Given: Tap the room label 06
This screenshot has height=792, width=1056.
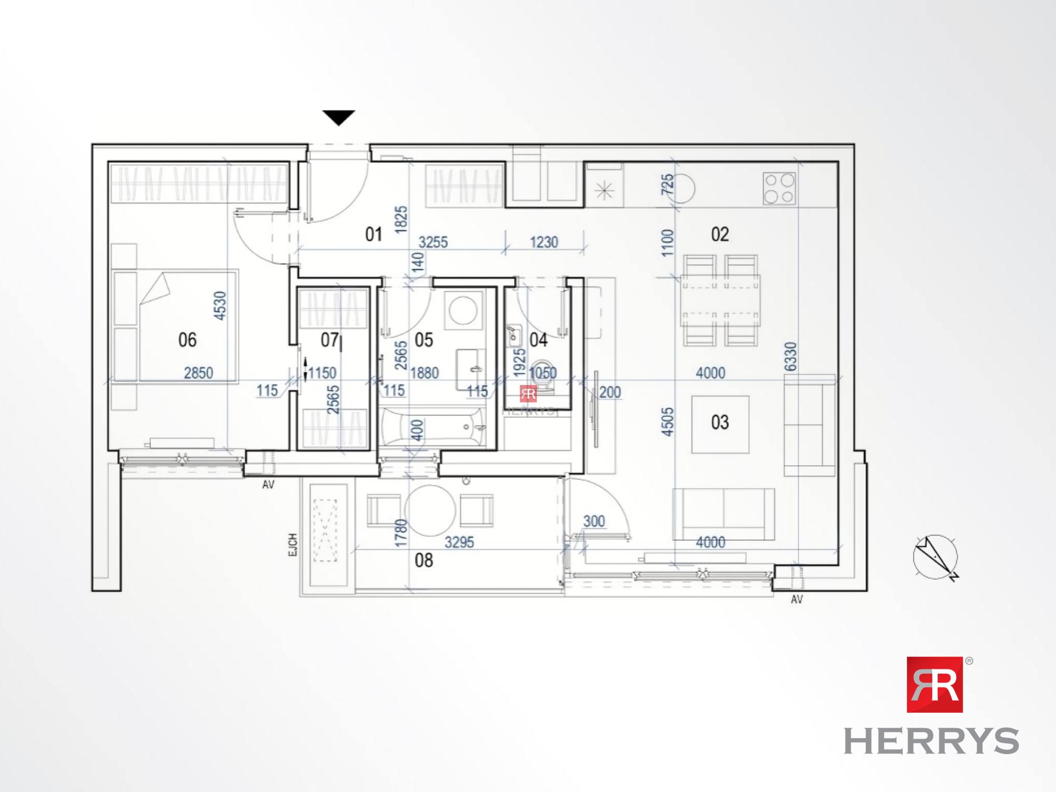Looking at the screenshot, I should pos(187,340).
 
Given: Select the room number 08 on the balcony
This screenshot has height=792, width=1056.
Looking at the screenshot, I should pos(424,560).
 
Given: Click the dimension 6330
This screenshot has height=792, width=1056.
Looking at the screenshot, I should pos(790,356).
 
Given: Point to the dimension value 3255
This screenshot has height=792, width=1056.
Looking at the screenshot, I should pos(433,242).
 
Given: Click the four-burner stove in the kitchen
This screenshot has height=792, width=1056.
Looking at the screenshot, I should pos(779,188).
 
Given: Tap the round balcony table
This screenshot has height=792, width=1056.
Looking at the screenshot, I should pos(430,510).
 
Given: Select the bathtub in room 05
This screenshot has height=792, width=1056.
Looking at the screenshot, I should pos(433,426).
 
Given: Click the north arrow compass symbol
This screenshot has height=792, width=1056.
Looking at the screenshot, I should pos(936,557).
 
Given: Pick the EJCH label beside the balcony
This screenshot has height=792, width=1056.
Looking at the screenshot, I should pos(293,544).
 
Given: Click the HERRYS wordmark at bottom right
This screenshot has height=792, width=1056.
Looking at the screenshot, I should pos(931,741).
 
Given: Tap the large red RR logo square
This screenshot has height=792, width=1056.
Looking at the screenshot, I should pos(934,684).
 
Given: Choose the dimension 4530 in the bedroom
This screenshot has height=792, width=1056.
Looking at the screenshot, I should pos(219,306).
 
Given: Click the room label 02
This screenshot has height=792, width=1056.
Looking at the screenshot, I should pos(719,234).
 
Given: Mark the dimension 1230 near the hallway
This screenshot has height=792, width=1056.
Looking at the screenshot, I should pos(543,242).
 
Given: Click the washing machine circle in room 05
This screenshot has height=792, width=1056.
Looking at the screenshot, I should pos(463,310).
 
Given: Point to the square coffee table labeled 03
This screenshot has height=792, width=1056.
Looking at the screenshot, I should pos(719,424).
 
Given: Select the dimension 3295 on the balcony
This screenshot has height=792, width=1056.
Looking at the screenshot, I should pos(459,542).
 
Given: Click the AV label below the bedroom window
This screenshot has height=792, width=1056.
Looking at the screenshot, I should pos(268,485).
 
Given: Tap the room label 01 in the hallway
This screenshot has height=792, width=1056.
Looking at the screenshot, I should pos(373,234).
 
